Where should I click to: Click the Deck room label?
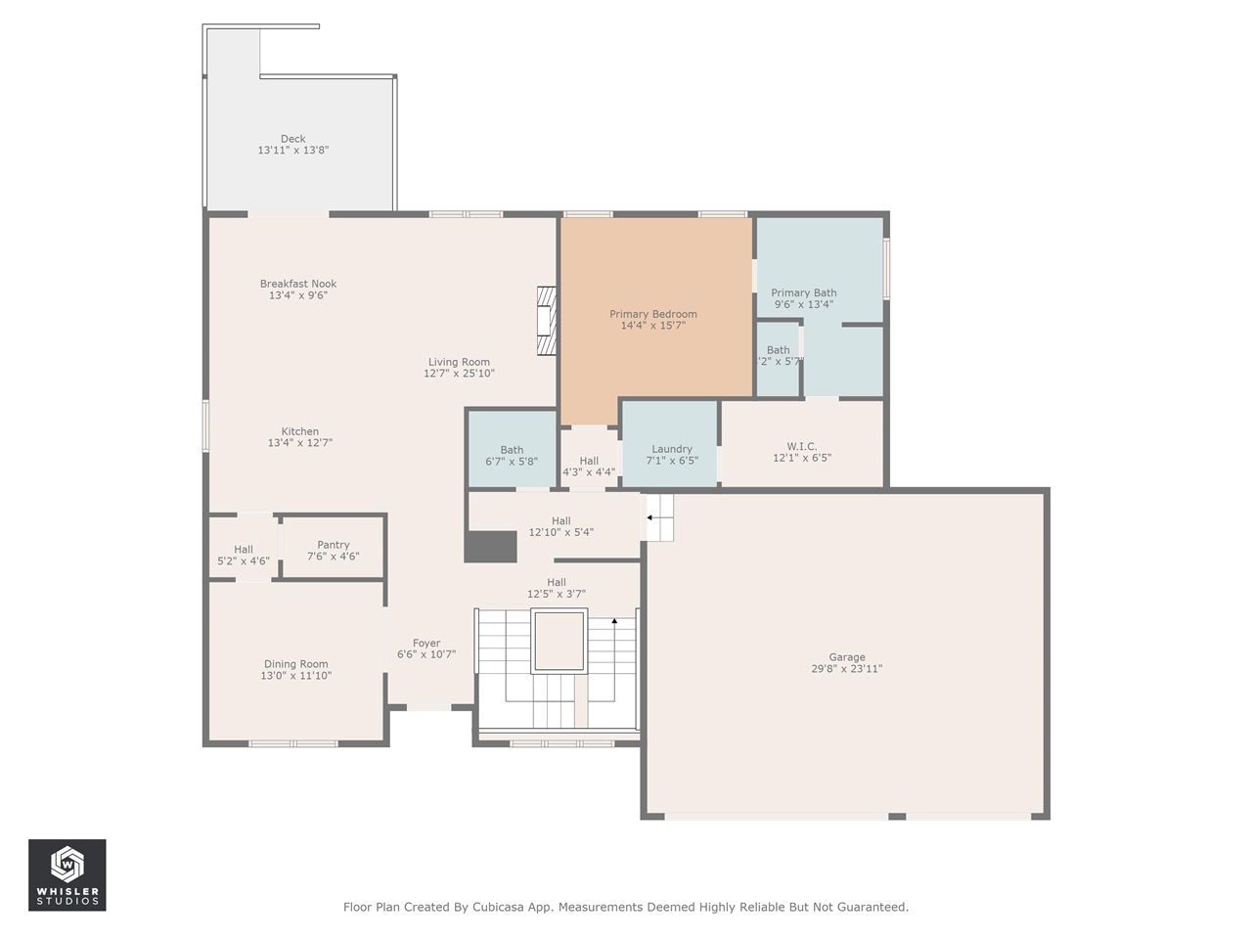pyautogui.click(x=292, y=139)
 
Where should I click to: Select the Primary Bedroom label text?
pyautogui.click(x=653, y=314)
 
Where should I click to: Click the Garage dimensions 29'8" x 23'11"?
pyautogui.click(x=847, y=669)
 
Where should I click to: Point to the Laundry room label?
pyautogui.click(x=672, y=449)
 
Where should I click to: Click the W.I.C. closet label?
pyautogui.click(x=802, y=446)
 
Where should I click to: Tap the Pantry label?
pyautogui.click(x=334, y=545)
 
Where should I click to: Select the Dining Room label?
pyautogui.click(x=295, y=664)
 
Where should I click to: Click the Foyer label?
pyautogui.click(x=426, y=643)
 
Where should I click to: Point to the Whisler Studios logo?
pyautogui.click(x=67, y=874)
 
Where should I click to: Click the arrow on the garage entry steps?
pyautogui.click(x=649, y=518)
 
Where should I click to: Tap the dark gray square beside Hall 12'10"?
pyautogui.click(x=490, y=547)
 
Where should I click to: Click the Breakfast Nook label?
pyautogui.click(x=298, y=284)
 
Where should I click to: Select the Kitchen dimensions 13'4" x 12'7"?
pyautogui.click(x=300, y=443)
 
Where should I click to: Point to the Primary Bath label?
pyautogui.click(x=804, y=292)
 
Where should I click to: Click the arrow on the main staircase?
pyautogui.click(x=614, y=621)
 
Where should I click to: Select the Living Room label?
pyautogui.click(x=459, y=362)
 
